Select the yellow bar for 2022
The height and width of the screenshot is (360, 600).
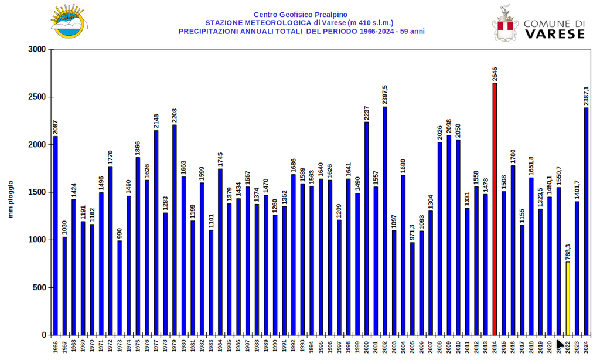[x=568, y=298]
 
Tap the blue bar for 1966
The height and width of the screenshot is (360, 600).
[x=56, y=235]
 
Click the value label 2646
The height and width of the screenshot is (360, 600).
[x=495, y=74]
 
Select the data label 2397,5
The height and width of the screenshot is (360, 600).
[x=385, y=94]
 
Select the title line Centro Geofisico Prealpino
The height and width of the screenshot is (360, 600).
[x=300, y=15]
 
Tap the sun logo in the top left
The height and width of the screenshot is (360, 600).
[x=68, y=22]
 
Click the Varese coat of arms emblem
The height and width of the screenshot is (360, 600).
[x=504, y=25]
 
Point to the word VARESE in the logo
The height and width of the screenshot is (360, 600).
[x=554, y=34]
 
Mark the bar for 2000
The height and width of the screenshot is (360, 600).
[x=367, y=228]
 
